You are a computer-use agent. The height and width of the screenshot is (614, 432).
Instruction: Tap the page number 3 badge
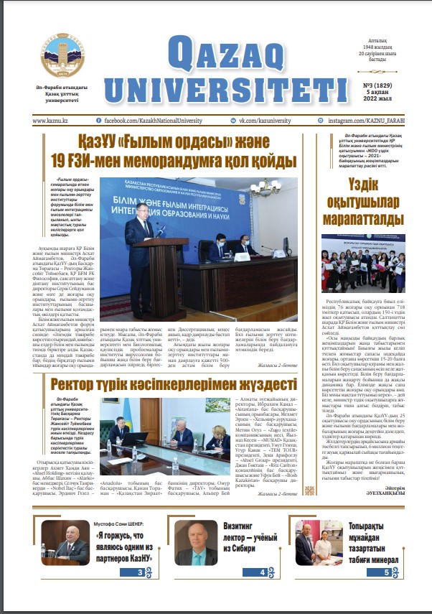pos(141,572)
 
